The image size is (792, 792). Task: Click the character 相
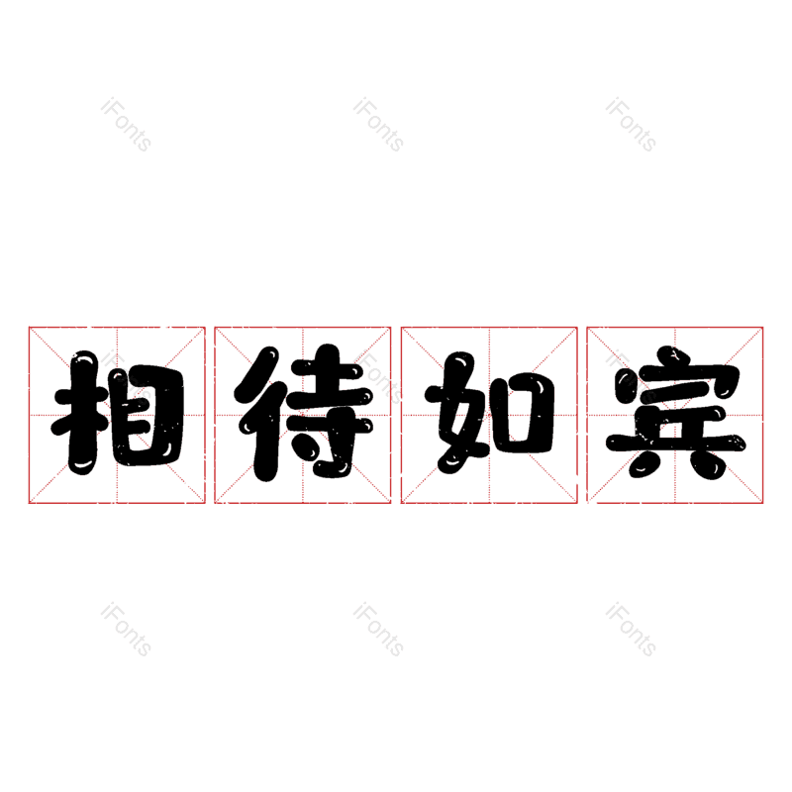pyautogui.click(x=117, y=415)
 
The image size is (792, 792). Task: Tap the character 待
pyautogui.click(x=303, y=415)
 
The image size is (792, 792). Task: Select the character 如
pyautogui.click(x=489, y=415)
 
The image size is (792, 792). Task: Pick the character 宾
pyautogui.click(x=675, y=415)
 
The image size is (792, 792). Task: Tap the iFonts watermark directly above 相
pyautogui.click(x=126, y=125)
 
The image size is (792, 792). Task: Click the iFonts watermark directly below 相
pyautogui.click(x=126, y=630)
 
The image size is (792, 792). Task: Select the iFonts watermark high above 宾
pyautogui.click(x=631, y=125)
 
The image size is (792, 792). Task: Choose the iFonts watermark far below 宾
pyautogui.click(x=631, y=630)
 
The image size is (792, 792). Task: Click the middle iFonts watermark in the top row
pyautogui.click(x=378, y=125)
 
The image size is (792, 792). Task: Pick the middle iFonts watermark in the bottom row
pyautogui.click(x=378, y=630)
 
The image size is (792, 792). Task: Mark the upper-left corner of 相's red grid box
pyautogui.click(x=29, y=327)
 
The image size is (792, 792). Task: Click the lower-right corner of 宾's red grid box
pyautogui.click(x=763, y=503)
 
